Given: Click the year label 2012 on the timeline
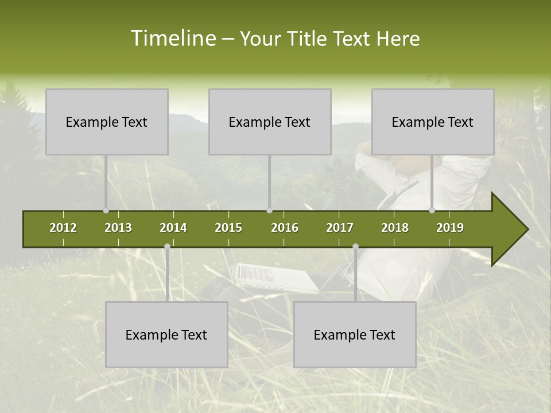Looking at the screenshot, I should [63, 228].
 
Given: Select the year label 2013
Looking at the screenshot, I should [118, 228].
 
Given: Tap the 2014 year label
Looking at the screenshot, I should [173, 228].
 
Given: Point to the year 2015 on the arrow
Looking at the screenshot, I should [228, 228].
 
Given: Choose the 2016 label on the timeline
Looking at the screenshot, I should [285, 228].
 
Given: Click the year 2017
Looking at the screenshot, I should [340, 228].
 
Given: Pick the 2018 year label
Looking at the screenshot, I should [395, 228].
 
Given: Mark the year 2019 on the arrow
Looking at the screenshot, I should [450, 228].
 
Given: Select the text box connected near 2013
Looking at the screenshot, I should [107, 122].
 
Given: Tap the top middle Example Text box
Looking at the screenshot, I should [270, 122].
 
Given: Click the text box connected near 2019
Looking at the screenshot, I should [433, 122].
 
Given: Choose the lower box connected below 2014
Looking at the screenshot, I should [166, 334].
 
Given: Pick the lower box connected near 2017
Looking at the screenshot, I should [355, 334].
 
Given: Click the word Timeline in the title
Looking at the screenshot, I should [173, 38].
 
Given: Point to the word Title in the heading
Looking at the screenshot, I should [309, 38].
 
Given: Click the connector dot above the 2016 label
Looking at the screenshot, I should [270, 211].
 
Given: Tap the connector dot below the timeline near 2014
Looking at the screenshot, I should [167, 246].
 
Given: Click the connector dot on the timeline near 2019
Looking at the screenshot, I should [432, 211].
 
